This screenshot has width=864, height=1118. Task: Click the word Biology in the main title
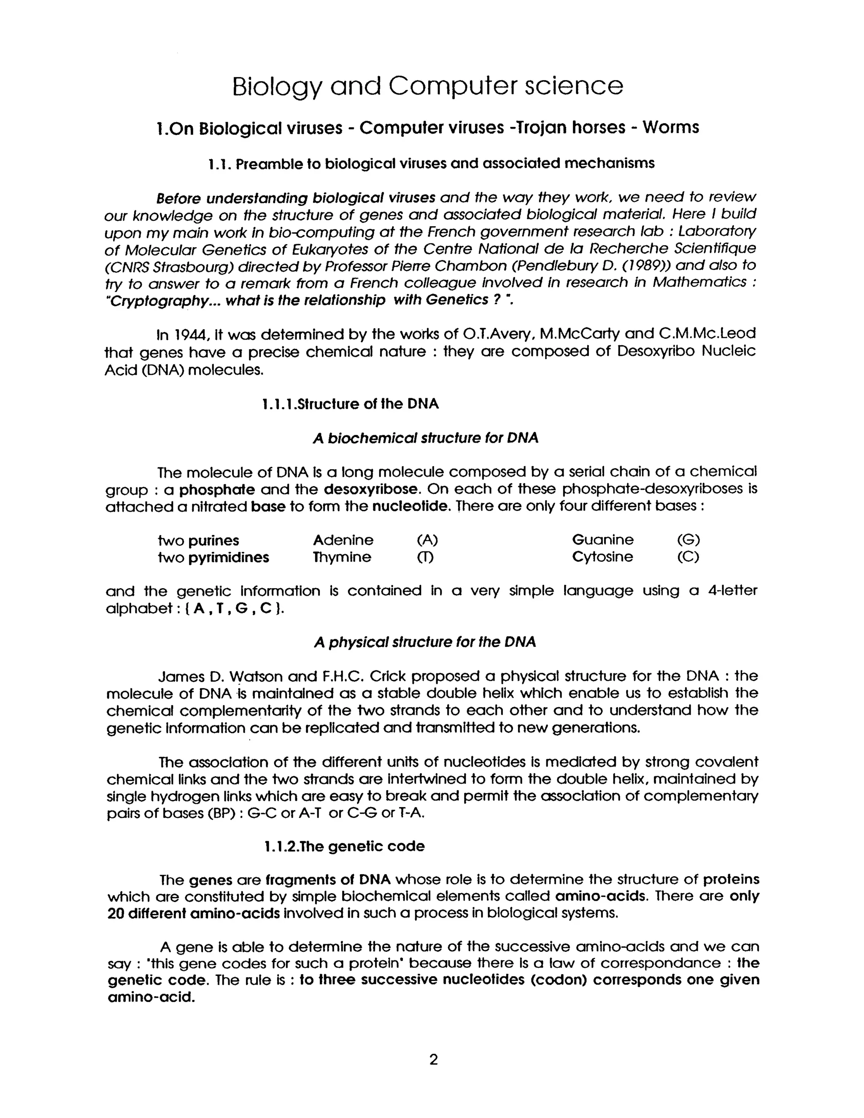pyautogui.click(x=276, y=87)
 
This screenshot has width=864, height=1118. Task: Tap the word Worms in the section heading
pyautogui.click(x=670, y=127)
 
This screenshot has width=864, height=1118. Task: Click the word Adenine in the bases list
pyautogui.click(x=343, y=540)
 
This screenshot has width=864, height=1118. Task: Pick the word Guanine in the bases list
pyautogui.click(x=602, y=540)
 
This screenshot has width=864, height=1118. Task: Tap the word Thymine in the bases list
pyautogui.click(x=342, y=557)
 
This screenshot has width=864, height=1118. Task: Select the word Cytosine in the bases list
pyautogui.click(x=602, y=557)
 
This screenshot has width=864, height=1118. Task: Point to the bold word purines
pyautogui.click(x=213, y=540)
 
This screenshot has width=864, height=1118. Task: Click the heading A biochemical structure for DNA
pyautogui.click(x=425, y=438)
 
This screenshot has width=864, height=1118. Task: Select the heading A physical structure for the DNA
pyautogui.click(x=425, y=642)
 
